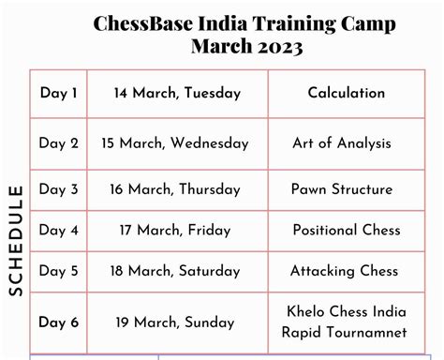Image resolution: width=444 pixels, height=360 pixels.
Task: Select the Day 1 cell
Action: coord(58,93)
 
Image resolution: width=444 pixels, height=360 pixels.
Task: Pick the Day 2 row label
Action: coord(58,143)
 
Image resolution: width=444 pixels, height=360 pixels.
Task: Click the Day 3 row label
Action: coord(58,189)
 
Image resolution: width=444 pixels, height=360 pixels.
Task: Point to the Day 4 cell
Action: coord(58,230)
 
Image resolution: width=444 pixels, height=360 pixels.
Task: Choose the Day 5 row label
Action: coord(58,271)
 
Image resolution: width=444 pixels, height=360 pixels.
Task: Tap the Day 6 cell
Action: coord(58,322)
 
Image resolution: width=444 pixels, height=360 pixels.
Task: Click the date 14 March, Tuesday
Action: coord(177,93)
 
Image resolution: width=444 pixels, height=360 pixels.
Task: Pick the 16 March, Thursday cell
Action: coord(178,189)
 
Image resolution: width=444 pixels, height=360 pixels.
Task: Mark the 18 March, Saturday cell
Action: coord(177,271)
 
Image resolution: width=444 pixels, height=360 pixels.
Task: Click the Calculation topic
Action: coord(346,93)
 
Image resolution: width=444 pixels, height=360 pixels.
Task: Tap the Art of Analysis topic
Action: coord(341,143)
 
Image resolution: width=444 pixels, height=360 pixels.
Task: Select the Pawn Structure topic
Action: coord(342,189)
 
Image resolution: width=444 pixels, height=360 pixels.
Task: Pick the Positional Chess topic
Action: coord(347,230)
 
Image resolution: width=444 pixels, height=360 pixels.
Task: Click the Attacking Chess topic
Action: coord(344,271)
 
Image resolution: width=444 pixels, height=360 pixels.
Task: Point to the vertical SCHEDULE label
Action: coord(16,241)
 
